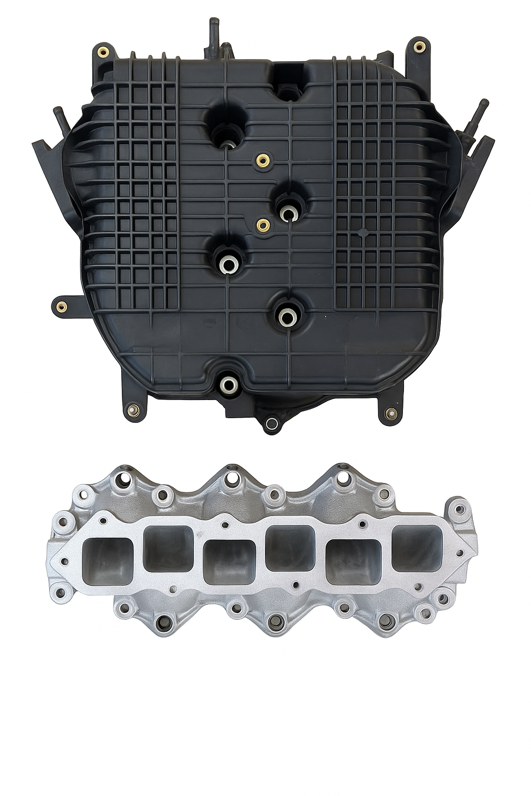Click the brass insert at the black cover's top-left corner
(102, 52)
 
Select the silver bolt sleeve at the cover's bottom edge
(228, 384)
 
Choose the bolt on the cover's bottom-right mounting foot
(391, 414)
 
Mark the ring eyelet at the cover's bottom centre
(270, 424)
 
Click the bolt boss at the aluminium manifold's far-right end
(459, 509)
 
